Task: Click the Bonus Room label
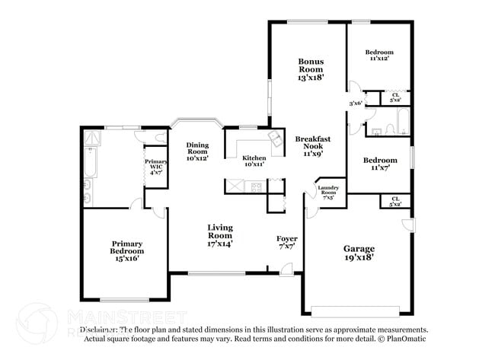[x=311, y=69]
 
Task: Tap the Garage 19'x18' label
[x=359, y=253]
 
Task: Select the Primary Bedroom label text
[x=126, y=250]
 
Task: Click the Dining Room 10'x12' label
[x=198, y=151]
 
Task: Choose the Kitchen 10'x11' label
[x=254, y=161]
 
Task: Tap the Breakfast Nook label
[x=313, y=145]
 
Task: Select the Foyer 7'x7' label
[x=286, y=243]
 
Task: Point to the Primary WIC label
[x=156, y=167]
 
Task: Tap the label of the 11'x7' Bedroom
[x=379, y=164]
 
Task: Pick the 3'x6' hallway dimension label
[x=355, y=104]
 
